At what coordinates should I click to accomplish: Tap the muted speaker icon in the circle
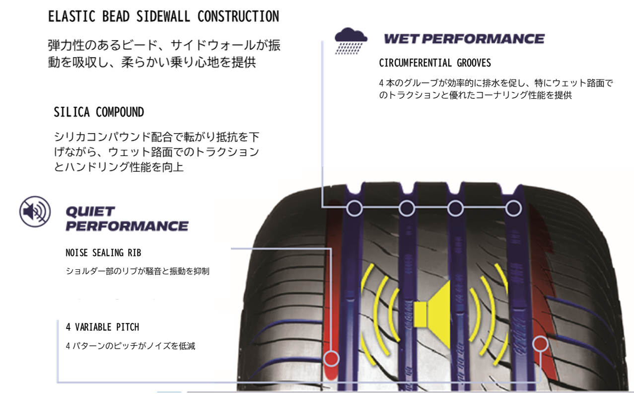point(35,212)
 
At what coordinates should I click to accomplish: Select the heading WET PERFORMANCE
point(464,39)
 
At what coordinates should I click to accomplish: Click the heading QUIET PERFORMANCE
point(127,219)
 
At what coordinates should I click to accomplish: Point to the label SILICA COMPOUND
point(99,112)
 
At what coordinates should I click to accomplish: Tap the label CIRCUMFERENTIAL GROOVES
point(435,63)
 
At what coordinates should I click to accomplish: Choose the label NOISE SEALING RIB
point(103,253)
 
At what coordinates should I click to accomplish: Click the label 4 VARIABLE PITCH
point(102,327)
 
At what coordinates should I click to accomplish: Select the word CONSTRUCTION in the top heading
point(238,16)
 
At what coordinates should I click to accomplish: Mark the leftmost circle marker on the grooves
point(354,208)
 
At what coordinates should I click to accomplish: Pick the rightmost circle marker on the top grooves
point(513,208)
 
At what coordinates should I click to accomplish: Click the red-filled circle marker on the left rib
point(331,358)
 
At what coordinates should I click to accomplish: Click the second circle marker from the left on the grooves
point(407,208)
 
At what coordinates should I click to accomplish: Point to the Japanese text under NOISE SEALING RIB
point(138,271)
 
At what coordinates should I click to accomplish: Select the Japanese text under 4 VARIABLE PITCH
point(131,346)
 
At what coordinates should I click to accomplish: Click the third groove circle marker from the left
point(455,208)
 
